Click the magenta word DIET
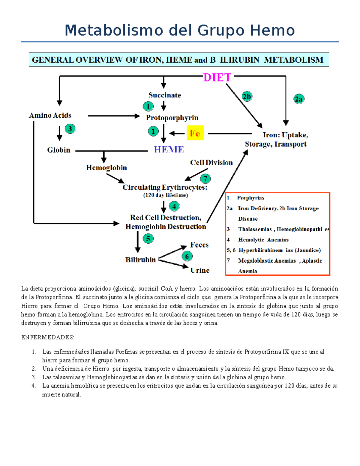pyautogui.click(x=217, y=78)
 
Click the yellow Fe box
pyautogui.click(x=195, y=133)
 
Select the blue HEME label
pyautogui.click(x=169, y=149)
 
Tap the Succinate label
pyautogui.click(x=165, y=95)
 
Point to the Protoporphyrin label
pyautogui.click(x=172, y=118)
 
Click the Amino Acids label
pyautogui.click(x=50, y=116)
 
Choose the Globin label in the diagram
pyautogui.click(x=58, y=150)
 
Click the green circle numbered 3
pyautogui.click(x=70, y=129)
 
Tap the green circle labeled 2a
pyautogui.click(x=299, y=99)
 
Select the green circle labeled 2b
pyautogui.click(x=247, y=97)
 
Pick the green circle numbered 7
pyautogui.click(x=205, y=179)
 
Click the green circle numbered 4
pyautogui.click(x=174, y=206)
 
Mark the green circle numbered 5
pyautogui.click(x=148, y=239)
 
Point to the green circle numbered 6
pyautogui.click(x=187, y=256)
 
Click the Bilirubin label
pyautogui.click(x=140, y=260)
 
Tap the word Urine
pyautogui.click(x=200, y=270)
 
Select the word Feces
pyautogui.click(x=199, y=245)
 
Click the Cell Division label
pyautogui.click(x=211, y=162)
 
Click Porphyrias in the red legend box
pyautogui.click(x=250, y=198)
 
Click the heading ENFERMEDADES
pyautogui.click(x=47, y=337)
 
